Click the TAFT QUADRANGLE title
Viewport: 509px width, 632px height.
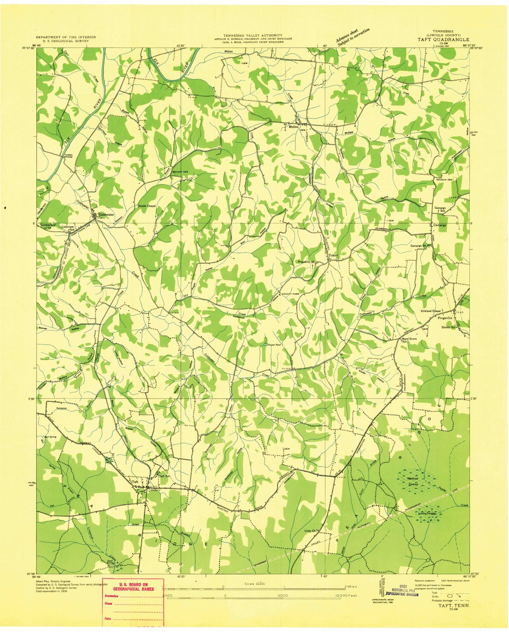point(443,39)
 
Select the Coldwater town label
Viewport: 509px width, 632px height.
point(106,215)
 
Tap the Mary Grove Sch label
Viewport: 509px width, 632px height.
point(409,340)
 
